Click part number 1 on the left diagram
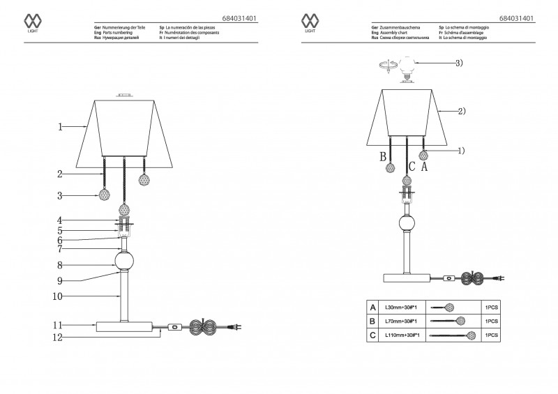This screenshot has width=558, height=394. (61, 127)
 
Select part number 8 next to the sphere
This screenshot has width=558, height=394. (61, 265)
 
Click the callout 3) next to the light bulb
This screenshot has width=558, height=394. (459, 63)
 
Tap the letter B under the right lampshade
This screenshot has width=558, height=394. (383, 156)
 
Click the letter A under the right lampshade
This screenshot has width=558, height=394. (424, 167)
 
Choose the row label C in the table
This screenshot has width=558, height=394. (374, 335)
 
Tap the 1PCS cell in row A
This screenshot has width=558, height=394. (490, 307)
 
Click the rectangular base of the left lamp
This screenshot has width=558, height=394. (126, 326)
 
